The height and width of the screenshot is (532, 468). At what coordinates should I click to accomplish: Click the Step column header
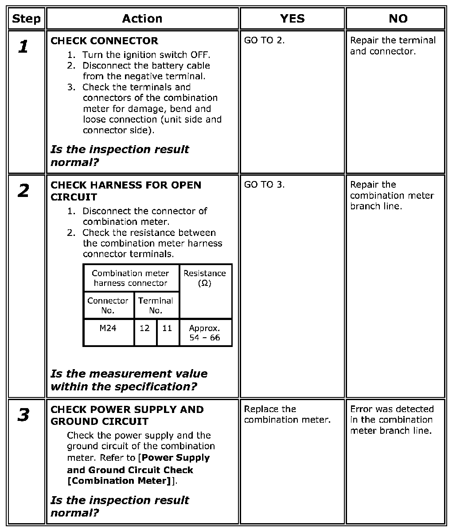click(26, 19)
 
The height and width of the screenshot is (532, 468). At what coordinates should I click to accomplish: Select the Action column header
click(142, 19)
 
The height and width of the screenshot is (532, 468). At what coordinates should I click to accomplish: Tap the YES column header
click(292, 19)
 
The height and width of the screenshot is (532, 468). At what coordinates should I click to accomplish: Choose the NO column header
click(398, 19)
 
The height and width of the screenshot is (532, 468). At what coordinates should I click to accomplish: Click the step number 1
click(23, 46)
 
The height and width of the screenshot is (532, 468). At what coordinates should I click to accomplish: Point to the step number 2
click(23, 191)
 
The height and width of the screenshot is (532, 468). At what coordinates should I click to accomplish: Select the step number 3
click(23, 415)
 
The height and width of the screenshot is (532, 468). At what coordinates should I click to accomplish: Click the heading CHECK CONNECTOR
click(104, 41)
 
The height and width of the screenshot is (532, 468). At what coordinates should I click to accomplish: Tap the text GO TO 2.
click(265, 40)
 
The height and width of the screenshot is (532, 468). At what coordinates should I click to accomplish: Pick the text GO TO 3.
click(265, 185)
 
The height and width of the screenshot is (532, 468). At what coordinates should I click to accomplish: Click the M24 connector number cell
click(108, 328)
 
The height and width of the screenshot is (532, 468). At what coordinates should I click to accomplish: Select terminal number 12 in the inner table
click(145, 328)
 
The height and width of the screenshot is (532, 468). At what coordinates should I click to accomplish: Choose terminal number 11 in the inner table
click(167, 328)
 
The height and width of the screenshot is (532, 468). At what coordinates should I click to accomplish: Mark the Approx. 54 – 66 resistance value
click(204, 333)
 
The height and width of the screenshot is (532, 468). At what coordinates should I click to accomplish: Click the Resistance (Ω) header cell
click(204, 278)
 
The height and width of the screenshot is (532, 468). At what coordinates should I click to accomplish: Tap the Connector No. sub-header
click(108, 305)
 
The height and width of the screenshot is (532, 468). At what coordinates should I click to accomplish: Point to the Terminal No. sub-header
click(156, 305)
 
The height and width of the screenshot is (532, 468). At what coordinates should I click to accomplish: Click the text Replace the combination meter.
click(287, 414)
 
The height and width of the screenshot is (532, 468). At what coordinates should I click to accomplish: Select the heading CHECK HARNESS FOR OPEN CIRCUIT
click(126, 191)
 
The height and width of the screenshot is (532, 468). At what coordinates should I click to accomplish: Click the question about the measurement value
click(129, 380)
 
